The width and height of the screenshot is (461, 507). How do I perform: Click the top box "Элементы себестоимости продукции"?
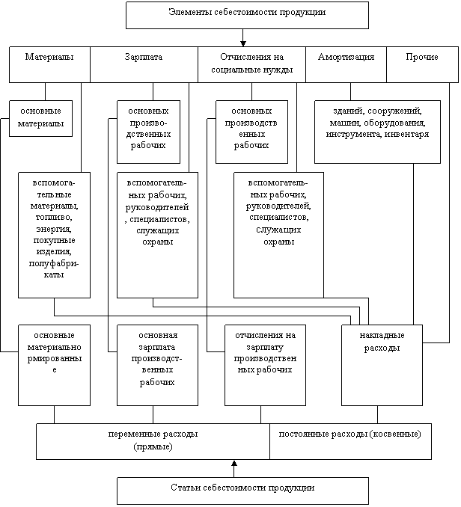pyautogui.click(x=247, y=15)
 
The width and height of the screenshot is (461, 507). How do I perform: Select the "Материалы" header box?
pyautogui.click(x=49, y=64)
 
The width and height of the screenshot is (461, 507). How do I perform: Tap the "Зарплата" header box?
pyautogui.click(x=144, y=64)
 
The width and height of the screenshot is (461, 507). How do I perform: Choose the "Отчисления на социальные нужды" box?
pyautogui.click(x=251, y=64)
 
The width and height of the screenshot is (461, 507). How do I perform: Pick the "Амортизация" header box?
pyautogui.click(x=346, y=64)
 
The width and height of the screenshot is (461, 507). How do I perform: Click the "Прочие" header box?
pyautogui.click(x=422, y=64)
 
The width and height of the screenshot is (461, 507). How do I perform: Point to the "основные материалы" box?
pyautogui.click(x=40, y=118)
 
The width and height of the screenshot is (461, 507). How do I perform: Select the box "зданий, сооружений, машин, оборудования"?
pyautogui.click(x=377, y=132)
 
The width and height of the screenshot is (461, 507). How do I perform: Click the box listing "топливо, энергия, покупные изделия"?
pyautogui.click(x=54, y=235)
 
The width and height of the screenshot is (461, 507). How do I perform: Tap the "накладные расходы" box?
pyautogui.click(x=382, y=365)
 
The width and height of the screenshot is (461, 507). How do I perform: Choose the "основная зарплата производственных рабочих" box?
pyautogui.click(x=158, y=365)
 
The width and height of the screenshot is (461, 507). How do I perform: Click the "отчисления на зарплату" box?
pyautogui.click(x=265, y=365)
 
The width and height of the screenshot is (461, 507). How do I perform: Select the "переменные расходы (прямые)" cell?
pyautogui.click(x=153, y=441)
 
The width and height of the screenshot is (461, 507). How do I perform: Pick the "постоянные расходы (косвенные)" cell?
pyautogui.click(x=351, y=441)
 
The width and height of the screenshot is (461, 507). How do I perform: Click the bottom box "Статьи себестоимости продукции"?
pyautogui.click(x=242, y=491)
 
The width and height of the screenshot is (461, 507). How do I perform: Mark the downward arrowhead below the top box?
pyautogui.click(x=243, y=43)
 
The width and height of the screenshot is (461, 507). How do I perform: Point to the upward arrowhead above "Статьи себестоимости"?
pyautogui.click(x=234, y=463)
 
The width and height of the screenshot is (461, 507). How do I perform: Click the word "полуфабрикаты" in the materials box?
pyautogui.click(x=54, y=269)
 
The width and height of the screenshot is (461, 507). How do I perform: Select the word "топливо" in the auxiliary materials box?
pyautogui.click(x=54, y=218)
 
